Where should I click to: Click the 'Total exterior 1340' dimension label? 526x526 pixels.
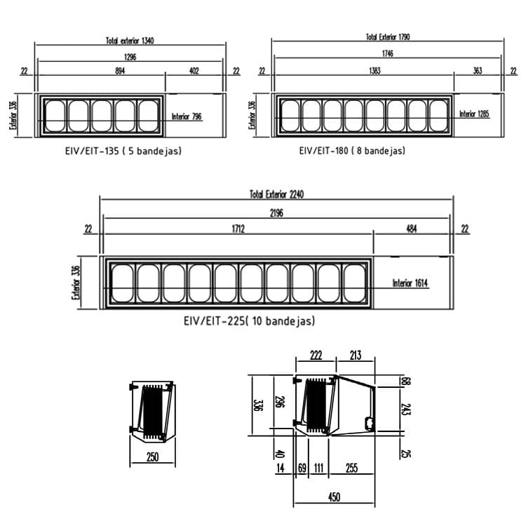pos(130,41)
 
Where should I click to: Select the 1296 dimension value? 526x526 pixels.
pos(130,57)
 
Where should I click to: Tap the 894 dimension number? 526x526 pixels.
pos(120,71)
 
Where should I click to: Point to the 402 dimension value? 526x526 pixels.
pos(194,71)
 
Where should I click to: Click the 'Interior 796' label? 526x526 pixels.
pos(187,116)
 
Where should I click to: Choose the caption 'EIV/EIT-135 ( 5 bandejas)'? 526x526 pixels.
pos(123,151)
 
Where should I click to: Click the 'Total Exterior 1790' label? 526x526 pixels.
pos(388,37)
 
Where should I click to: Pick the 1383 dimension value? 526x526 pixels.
pos(375,70)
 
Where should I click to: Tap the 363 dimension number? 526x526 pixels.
pos(478,70)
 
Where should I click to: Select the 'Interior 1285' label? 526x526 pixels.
pos(474,114)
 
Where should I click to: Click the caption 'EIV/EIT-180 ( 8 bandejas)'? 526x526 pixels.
pos(352,151)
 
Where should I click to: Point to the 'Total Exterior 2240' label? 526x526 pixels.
pos(277,194)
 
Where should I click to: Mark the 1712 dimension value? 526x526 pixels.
pos(238,229)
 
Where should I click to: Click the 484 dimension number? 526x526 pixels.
pos(411,229)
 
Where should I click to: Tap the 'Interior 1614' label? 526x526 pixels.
pos(410,283)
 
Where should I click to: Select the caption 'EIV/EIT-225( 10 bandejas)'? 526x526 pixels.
pos(250,321)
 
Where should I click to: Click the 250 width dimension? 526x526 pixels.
pos(152,457)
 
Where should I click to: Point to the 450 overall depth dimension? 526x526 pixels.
pos(334,497)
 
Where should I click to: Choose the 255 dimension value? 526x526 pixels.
pos(351,468)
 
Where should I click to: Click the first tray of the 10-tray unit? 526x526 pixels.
pos(123,283)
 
